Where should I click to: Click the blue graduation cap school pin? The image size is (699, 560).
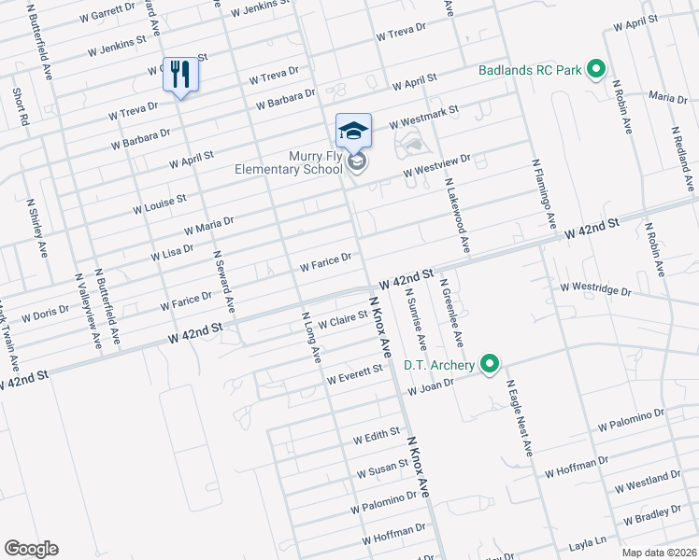point(354,132)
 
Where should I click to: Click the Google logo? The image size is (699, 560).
point(31,549)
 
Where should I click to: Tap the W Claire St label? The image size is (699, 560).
point(343,320)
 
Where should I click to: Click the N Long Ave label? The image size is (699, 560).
point(311,337)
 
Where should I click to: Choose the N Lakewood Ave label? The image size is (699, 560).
point(456,216)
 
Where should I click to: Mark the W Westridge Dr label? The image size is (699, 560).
point(596,289)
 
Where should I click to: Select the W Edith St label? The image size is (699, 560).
point(377,436)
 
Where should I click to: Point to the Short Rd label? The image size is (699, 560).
point(20,107)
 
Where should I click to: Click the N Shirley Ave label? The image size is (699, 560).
point(36,228)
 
